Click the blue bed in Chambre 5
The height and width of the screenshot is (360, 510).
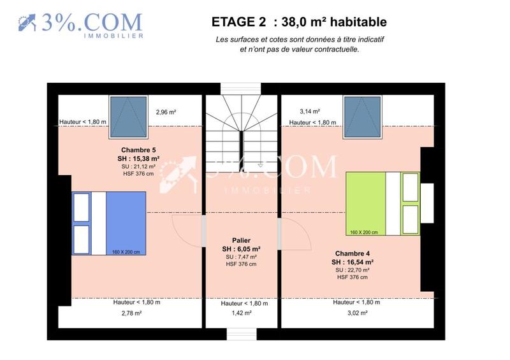(x=109, y=223)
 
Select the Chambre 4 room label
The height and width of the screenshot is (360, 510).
(x=353, y=253)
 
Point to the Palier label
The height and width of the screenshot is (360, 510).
(x=240, y=240)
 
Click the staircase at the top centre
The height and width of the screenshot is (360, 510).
(x=241, y=134)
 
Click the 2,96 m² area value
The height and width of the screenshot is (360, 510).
(x=166, y=112)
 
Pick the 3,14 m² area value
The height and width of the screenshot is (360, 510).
(x=300, y=112)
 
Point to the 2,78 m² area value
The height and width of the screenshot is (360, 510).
(x=131, y=313)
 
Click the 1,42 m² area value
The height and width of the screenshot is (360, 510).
(x=242, y=313)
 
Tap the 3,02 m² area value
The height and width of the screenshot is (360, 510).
(x=358, y=313)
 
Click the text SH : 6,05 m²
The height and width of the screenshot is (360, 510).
(x=241, y=248)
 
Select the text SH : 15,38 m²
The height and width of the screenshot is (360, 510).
(x=138, y=159)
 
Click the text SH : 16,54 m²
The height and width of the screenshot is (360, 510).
(x=353, y=261)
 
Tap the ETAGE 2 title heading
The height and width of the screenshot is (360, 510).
(x=299, y=22)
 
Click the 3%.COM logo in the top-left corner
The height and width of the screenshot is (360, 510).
(x=80, y=24)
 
